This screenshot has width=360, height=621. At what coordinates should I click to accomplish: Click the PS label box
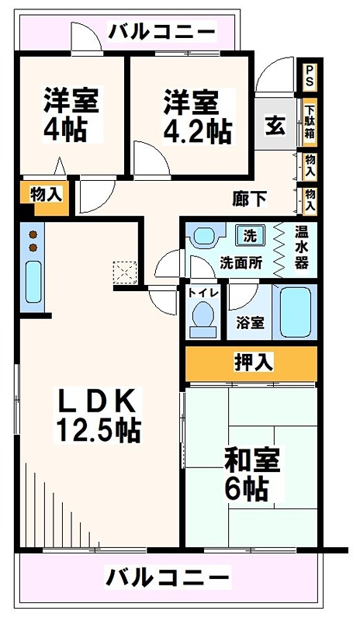(309, 78)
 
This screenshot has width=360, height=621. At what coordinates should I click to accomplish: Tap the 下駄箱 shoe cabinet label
(309, 122)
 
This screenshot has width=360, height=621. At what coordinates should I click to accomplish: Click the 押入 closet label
(251, 363)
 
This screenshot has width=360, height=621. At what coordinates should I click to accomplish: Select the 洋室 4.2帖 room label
(197, 117)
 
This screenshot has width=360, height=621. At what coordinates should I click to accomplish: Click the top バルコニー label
(161, 33)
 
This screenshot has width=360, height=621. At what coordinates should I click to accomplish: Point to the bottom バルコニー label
(168, 578)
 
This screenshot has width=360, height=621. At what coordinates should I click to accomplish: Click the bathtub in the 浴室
(295, 312)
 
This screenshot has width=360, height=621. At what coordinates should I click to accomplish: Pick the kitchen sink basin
(33, 282)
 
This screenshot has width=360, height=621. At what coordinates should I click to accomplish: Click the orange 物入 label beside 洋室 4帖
(46, 196)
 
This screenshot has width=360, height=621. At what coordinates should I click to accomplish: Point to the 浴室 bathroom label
(249, 323)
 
